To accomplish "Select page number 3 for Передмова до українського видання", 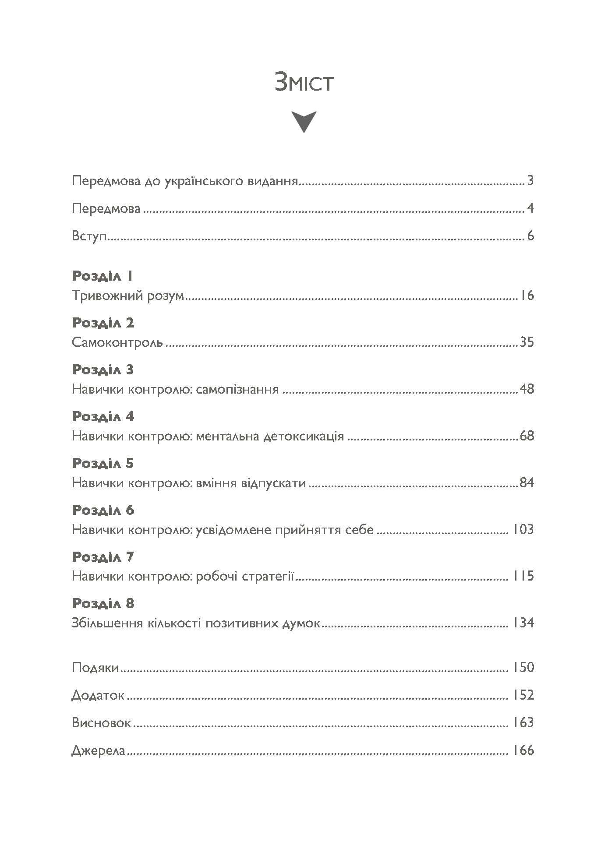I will [530, 180].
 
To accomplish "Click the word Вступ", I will [90, 236].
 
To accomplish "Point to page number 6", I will [530, 236].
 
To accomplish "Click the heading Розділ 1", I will [102, 276].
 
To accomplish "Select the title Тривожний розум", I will [128, 296].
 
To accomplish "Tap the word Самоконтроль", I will [117, 342].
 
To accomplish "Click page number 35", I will [527, 342].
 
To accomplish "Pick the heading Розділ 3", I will [103, 370].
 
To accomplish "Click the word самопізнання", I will [237, 389].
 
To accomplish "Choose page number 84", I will [527, 483].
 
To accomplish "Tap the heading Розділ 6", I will [103, 510].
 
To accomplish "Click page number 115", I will [523, 576].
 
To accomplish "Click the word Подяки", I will [95, 668].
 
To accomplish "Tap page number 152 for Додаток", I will [523, 695].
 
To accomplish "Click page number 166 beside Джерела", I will [523, 750].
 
